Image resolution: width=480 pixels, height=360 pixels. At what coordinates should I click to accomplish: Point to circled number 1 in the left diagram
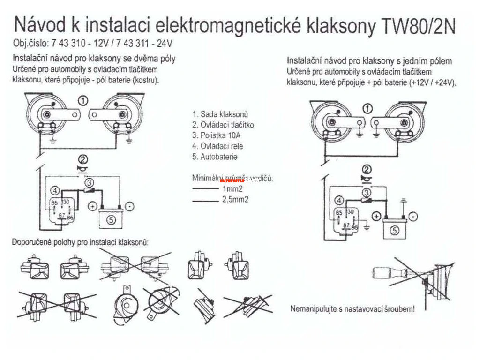click(83, 100)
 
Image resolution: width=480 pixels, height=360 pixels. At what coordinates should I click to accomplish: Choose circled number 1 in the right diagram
click(368, 109)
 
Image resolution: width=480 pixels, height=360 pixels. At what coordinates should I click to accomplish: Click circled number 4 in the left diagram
click(55, 190)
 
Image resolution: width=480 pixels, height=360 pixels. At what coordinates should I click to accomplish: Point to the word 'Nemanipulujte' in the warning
click(313, 309)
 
